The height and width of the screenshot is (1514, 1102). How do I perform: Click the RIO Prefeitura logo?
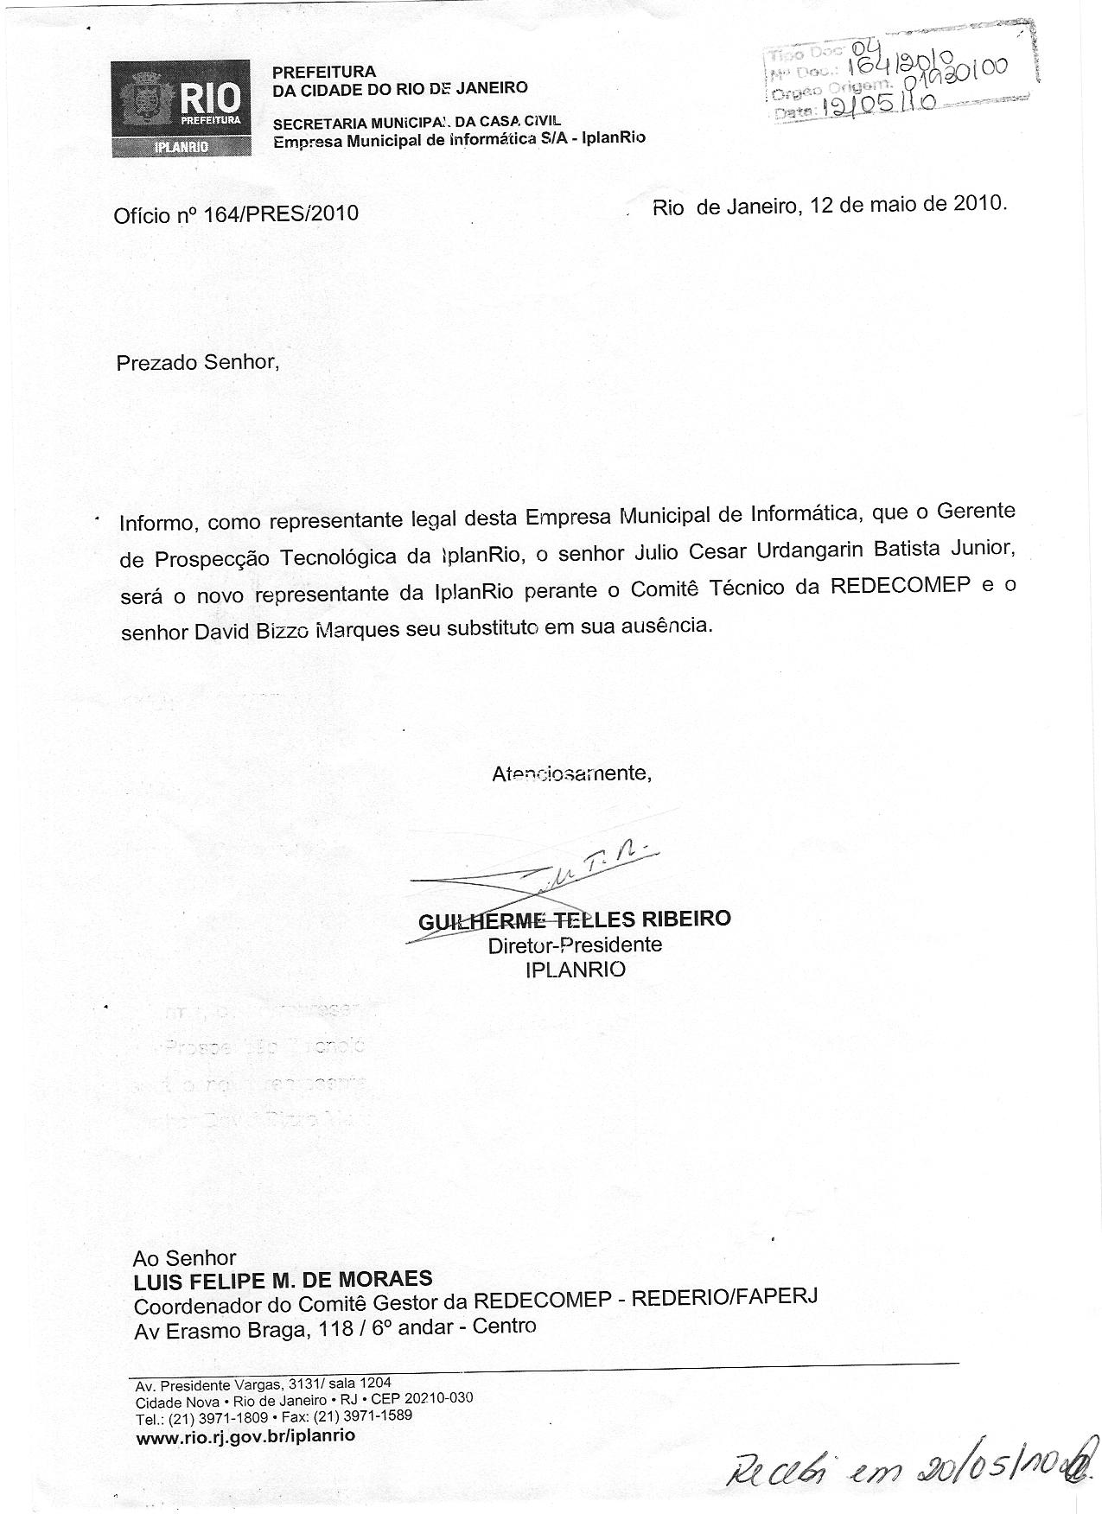click(181, 108)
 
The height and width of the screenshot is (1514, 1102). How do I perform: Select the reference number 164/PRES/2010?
click(281, 213)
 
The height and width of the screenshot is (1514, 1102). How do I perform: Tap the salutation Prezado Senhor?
click(198, 361)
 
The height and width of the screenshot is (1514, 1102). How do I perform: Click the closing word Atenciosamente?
click(571, 773)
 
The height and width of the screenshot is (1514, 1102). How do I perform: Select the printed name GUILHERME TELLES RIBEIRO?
click(574, 919)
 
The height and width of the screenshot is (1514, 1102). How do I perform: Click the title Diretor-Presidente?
click(575, 945)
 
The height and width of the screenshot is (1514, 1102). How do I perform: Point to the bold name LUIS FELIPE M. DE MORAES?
click(283, 1279)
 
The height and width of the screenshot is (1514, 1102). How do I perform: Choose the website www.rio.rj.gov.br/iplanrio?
click(245, 1435)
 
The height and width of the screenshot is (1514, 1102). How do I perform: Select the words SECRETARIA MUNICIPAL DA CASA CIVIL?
click(417, 122)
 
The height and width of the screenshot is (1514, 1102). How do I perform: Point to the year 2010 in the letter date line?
click(979, 205)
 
